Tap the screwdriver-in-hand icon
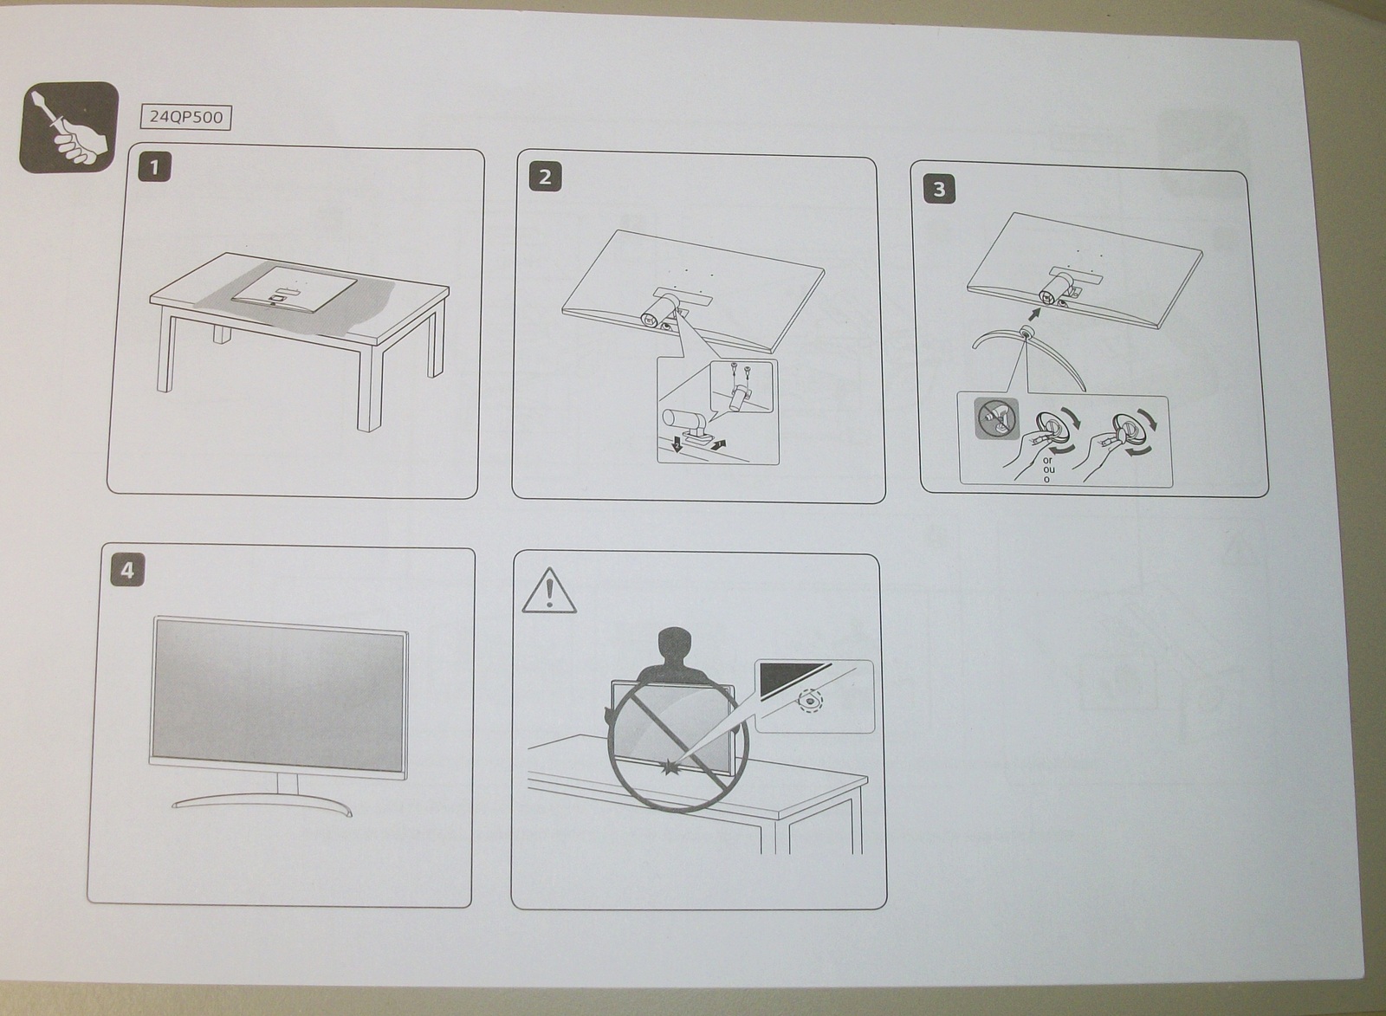68,127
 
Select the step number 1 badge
156,167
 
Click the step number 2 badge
545,177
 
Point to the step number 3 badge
940,189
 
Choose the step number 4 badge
128,571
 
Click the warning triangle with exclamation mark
549,592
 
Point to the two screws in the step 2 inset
739,371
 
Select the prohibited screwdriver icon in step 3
994,419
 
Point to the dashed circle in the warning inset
809,699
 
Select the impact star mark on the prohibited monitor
670,767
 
